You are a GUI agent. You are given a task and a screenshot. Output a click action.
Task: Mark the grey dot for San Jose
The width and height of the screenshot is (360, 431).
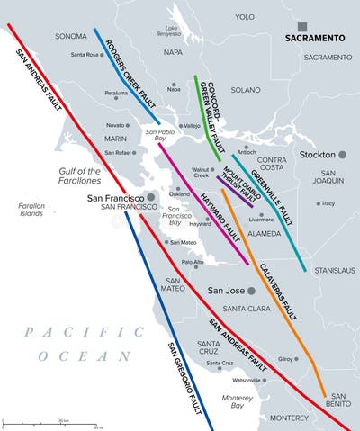pyautogui.click(x=252, y=291)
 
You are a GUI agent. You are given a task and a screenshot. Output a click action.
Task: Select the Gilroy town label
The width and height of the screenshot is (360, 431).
pyautogui.click(x=287, y=359)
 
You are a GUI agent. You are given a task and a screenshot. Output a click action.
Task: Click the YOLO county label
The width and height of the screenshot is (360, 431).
pyautogui.click(x=245, y=15)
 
